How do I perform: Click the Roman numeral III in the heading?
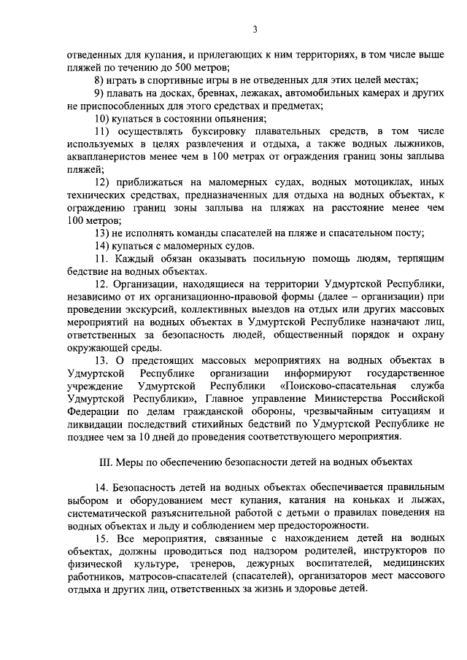tap(104, 462)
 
